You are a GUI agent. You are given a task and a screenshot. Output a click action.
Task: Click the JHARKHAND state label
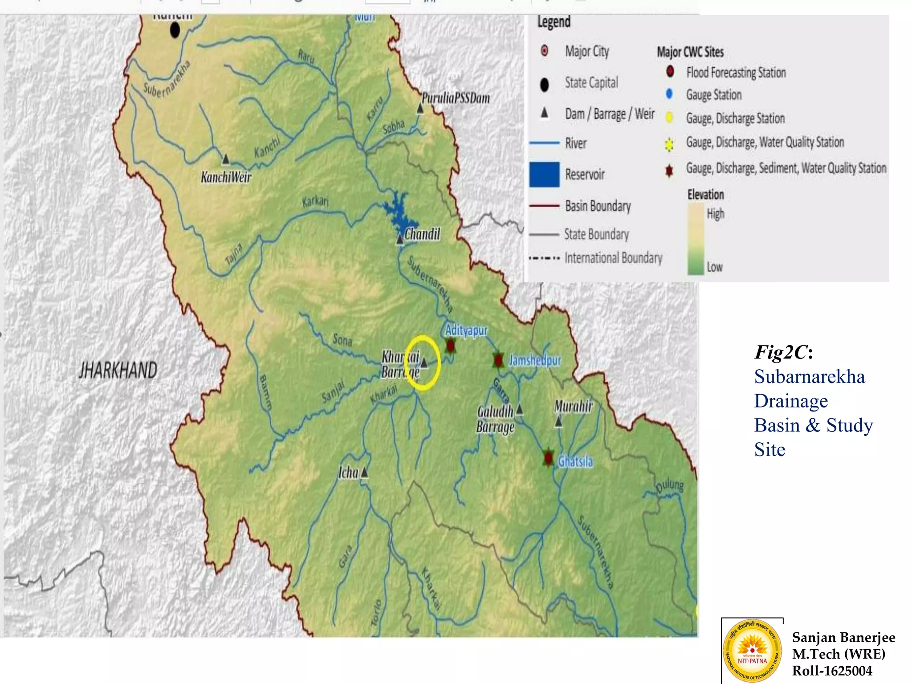tap(118, 370)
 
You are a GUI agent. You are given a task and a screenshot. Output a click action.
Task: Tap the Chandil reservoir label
tap(422, 234)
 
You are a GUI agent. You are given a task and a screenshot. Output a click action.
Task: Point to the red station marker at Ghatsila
tap(548, 458)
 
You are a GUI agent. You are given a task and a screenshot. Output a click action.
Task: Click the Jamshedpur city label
tap(534, 360)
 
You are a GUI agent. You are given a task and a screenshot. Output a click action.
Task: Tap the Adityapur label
tap(466, 330)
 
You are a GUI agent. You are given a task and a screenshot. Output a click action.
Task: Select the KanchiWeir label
tap(226, 177)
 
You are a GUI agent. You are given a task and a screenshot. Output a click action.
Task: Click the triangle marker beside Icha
tap(364, 472)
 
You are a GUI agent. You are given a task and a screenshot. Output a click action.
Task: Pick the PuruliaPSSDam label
tap(456, 98)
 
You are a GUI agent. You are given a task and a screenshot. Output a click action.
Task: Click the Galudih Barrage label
tap(495, 419)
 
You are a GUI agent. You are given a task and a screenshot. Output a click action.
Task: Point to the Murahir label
tap(574, 406)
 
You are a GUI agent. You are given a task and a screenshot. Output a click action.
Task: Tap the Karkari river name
tap(315, 201)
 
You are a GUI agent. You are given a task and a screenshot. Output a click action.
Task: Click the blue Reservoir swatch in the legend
tap(544, 174)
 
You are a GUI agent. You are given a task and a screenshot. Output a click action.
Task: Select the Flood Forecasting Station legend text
tap(736, 73)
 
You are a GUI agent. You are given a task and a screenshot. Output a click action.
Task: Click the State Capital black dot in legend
tap(544, 84)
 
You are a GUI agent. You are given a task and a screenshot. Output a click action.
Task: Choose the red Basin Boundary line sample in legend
tap(544, 206)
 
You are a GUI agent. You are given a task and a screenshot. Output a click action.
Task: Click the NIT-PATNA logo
tap(752, 651)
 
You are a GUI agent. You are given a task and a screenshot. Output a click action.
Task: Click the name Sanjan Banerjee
tap(843, 637)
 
